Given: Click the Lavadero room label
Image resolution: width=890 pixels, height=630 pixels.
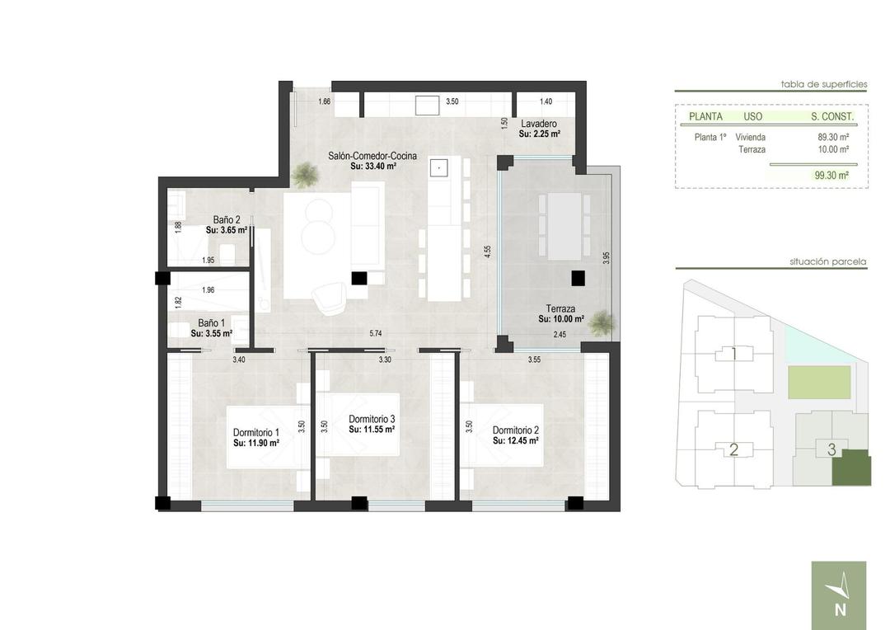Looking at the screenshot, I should coord(539,124).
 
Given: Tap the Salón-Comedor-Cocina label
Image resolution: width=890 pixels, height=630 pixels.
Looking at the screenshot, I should coord(372,156).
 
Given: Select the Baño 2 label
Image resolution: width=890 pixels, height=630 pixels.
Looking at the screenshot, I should coord(227,220).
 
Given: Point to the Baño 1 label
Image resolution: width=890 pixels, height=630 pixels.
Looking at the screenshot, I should coord(211,323).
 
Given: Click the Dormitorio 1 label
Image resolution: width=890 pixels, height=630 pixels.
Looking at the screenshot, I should coord(255,432).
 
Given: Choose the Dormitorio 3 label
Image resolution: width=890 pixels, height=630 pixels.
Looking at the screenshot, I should coord(372,418).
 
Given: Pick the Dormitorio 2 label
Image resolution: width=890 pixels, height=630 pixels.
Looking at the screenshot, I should coord(515,430).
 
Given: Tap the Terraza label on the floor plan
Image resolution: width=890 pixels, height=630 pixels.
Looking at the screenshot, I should coord(560,308).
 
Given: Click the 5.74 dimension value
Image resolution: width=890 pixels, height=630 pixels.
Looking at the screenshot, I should coord(376,333).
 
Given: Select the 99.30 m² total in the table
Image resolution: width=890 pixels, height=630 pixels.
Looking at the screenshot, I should coord(831,175).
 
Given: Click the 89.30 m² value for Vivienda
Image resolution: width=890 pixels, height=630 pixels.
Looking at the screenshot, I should coord(833,137).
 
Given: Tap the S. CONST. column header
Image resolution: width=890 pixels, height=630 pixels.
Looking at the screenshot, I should coord(832,116).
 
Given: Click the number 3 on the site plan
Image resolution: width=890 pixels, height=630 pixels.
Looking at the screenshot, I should coord(831,449).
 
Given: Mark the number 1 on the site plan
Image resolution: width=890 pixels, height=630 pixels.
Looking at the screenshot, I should coord(733,355).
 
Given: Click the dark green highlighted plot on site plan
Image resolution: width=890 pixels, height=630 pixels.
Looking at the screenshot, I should coord(850,468).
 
